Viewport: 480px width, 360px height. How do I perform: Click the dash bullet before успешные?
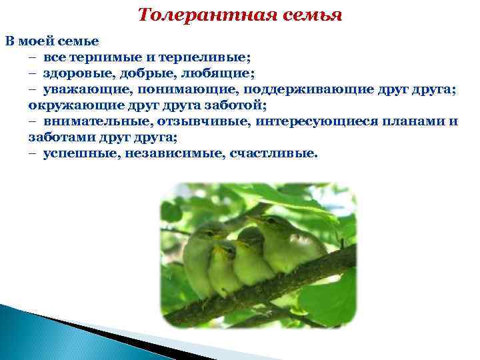point(33,154)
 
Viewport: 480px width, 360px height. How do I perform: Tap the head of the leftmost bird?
point(207,237)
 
